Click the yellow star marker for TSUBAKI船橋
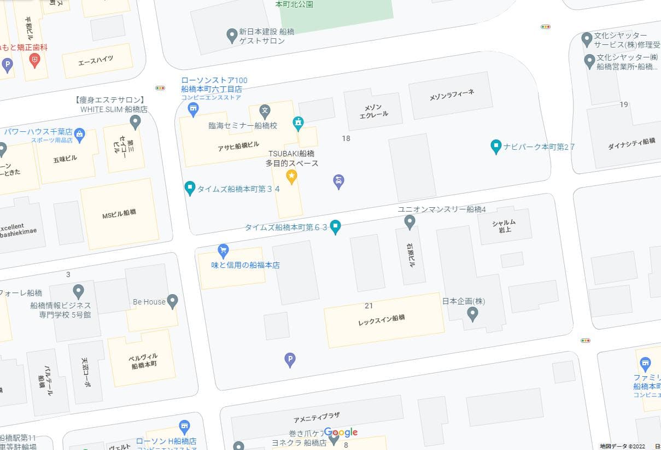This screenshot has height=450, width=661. point(292,176)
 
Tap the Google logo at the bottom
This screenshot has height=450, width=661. point(341,433)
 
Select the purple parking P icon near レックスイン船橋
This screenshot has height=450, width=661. point(290,360)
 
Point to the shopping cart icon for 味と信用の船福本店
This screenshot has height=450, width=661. point(223,250)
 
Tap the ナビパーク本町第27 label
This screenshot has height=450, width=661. point(539,147)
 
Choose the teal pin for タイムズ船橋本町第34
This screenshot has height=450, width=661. point(190,188)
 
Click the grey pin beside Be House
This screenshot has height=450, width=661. point(173,301)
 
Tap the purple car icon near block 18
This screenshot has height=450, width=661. point(338,181)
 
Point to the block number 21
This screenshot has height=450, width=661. point(368,306)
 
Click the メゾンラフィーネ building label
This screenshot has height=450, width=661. point(452,94)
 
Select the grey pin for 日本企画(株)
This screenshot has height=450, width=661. point(473,313)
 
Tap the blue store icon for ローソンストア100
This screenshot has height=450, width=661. point(193,110)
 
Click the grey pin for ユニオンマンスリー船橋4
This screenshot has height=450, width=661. point(410,222)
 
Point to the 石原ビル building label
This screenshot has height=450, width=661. point(411,255)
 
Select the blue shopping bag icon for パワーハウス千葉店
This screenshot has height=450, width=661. point(80,133)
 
